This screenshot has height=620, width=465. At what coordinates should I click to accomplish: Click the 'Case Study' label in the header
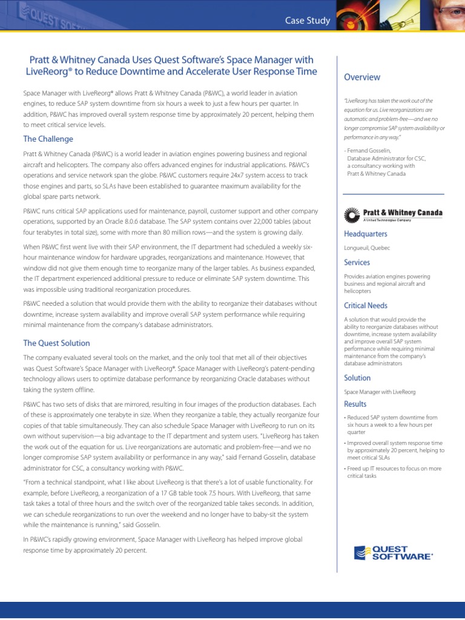coord(308,21)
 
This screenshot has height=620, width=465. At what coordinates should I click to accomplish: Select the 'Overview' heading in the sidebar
coord(362,77)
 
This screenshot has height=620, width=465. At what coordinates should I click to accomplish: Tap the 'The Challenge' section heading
coord(48,139)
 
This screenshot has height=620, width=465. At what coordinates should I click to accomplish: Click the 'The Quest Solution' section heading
coord(56,343)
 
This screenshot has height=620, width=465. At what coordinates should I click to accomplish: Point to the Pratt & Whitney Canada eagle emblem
coord(352,215)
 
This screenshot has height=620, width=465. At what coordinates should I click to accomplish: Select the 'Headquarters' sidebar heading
coord(366,234)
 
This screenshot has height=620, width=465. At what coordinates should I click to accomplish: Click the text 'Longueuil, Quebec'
coord(367,248)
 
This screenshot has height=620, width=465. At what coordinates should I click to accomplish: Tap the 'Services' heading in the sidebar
coord(357,262)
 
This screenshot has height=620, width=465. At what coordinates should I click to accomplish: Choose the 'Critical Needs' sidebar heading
coord(366,305)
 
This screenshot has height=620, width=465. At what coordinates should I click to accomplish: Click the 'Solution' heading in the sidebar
coord(357,378)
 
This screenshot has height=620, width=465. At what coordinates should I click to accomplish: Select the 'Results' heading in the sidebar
coord(355,404)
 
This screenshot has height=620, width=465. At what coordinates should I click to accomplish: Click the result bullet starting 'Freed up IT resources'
coord(394,472)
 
